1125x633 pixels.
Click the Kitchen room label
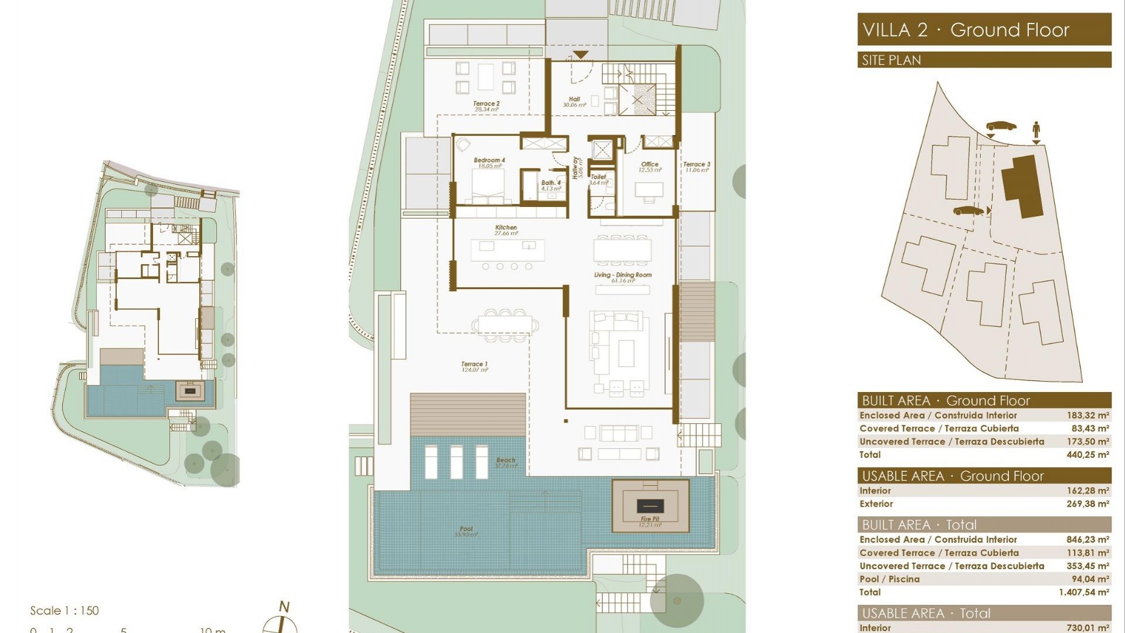(x=506, y=228)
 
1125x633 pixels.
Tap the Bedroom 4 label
(x=489, y=161)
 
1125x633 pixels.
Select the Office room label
(x=650, y=165)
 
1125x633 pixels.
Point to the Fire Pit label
(x=650, y=519)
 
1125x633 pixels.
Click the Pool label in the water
(x=466, y=529)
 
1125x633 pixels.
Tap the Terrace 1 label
(x=474, y=365)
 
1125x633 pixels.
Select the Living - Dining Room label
(x=622, y=275)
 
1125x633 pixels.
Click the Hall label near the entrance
(x=574, y=100)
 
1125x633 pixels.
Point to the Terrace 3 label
(x=697, y=165)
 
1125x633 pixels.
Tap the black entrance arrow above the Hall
(x=580, y=55)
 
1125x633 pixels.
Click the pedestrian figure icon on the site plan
(x=1036, y=129)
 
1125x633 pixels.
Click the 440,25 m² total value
(x=1087, y=455)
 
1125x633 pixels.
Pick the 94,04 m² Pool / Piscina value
(x=1090, y=579)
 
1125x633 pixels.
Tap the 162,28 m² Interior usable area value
(x=1087, y=491)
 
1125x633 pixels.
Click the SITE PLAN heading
(x=891, y=60)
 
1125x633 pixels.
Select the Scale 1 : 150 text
(x=64, y=611)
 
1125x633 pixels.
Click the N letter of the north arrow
(x=284, y=607)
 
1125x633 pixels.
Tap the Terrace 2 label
(x=486, y=104)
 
